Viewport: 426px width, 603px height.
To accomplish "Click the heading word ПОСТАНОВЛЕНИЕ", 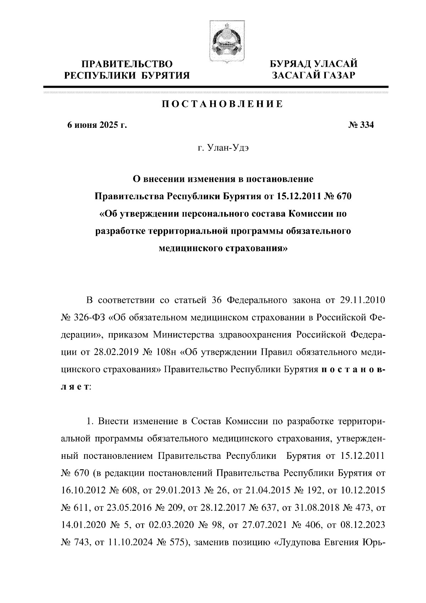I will point(222,104).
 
